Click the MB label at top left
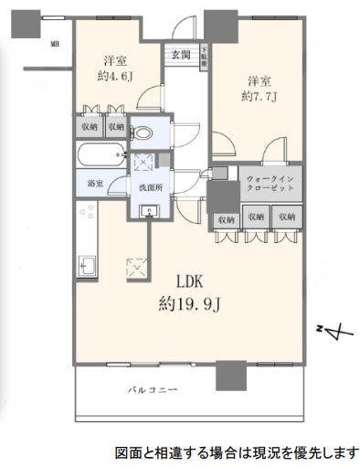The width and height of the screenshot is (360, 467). pyautogui.click(x=56, y=43)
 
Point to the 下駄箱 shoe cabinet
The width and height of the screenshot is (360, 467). pyautogui.click(x=204, y=56)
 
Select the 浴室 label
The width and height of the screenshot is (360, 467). pyautogui.click(x=95, y=183)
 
